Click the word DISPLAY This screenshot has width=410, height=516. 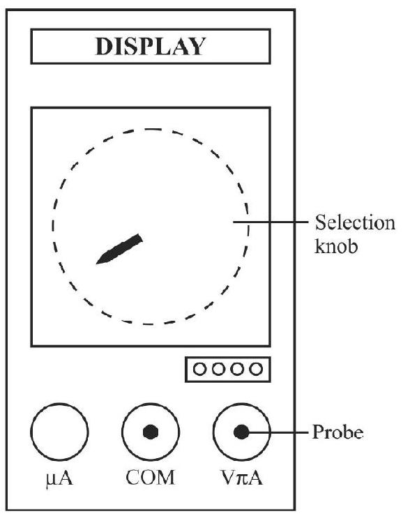click(x=151, y=47)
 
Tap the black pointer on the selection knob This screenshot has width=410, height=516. click(x=119, y=249)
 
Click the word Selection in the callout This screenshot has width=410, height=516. click(x=355, y=223)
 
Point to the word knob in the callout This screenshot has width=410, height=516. click(x=336, y=245)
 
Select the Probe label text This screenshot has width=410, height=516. click(x=337, y=432)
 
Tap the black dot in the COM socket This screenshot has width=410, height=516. click(x=151, y=432)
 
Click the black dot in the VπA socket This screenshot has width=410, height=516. click(x=241, y=432)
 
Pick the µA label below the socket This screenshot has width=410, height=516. click(x=59, y=478)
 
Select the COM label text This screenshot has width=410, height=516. click(x=150, y=478)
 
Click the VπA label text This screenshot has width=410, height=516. click(x=241, y=478)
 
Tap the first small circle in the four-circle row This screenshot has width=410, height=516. click(x=199, y=369)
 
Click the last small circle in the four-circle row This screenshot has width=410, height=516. click(x=256, y=369)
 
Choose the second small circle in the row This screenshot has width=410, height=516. click(x=218, y=369)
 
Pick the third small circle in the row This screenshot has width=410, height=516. click(x=237, y=369)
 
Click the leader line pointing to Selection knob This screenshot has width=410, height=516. click(x=271, y=222)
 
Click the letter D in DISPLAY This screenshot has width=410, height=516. click(x=104, y=47)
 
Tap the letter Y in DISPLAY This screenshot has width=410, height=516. click(x=197, y=47)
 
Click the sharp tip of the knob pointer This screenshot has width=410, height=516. click(x=96, y=264)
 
